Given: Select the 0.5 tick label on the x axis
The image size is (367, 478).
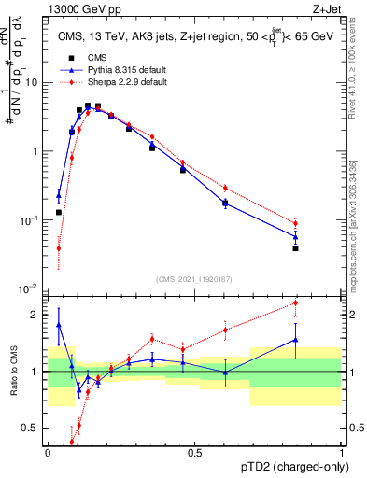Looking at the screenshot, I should point(194,452).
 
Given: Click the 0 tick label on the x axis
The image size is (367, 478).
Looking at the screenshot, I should point(48,452).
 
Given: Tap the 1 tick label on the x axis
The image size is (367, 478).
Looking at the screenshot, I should point(341,452).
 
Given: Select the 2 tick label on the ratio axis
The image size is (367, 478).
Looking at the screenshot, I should point(37,315).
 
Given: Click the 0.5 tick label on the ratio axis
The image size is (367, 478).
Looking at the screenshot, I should point(33,429).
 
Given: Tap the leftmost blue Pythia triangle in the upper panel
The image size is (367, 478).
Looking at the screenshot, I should point(59,195).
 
